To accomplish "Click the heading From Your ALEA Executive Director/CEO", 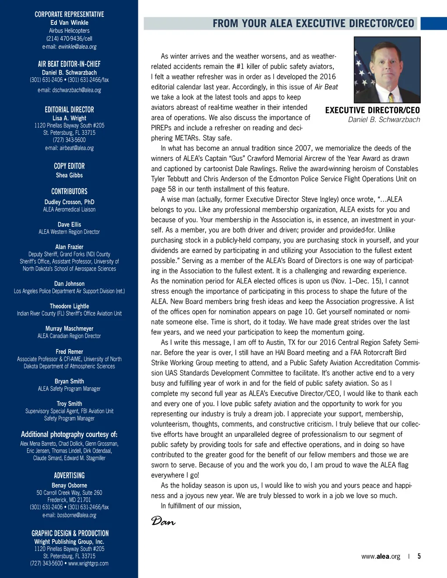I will pyautogui.click(x=313, y=24).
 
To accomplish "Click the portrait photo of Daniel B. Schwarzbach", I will pyautogui.click(x=387, y=69).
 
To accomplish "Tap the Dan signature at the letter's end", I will pyautogui.click(x=163, y=521).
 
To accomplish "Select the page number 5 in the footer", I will pyautogui.click(x=419, y=556).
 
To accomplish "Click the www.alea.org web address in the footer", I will pyautogui.click(x=381, y=557).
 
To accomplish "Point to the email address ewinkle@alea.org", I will pyautogui.click(x=77, y=47).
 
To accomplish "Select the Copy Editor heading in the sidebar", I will pyautogui.click(x=69, y=166).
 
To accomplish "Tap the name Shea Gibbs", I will pyautogui.click(x=69, y=175).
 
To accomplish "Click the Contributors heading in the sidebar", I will pyautogui.click(x=69, y=192).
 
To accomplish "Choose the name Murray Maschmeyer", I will pyautogui.click(x=69, y=328).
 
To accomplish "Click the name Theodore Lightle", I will pyautogui.click(x=69, y=306).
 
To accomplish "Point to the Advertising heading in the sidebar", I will pyautogui.click(x=69, y=475).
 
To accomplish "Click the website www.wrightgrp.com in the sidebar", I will pyautogui.click(x=88, y=564).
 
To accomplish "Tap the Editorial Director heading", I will pyautogui.click(x=69, y=110).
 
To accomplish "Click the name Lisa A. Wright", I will pyautogui.click(x=69, y=118).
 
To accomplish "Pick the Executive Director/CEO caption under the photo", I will pyautogui.click(x=372, y=110).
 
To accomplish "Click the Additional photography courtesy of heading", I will pyautogui.click(x=69, y=434).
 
